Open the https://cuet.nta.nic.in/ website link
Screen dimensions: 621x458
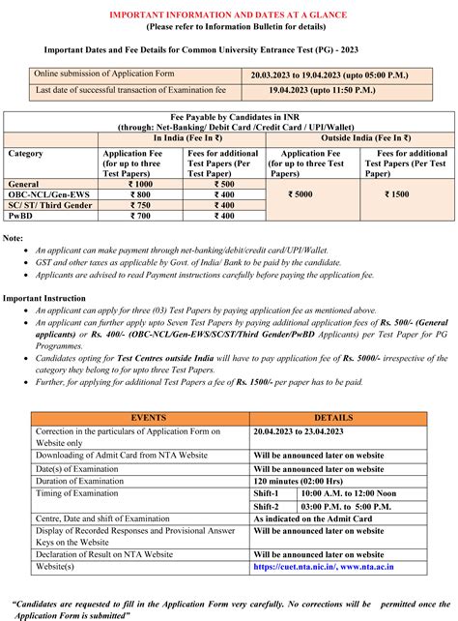(301, 567)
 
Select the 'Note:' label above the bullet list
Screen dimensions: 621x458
(14, 238)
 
